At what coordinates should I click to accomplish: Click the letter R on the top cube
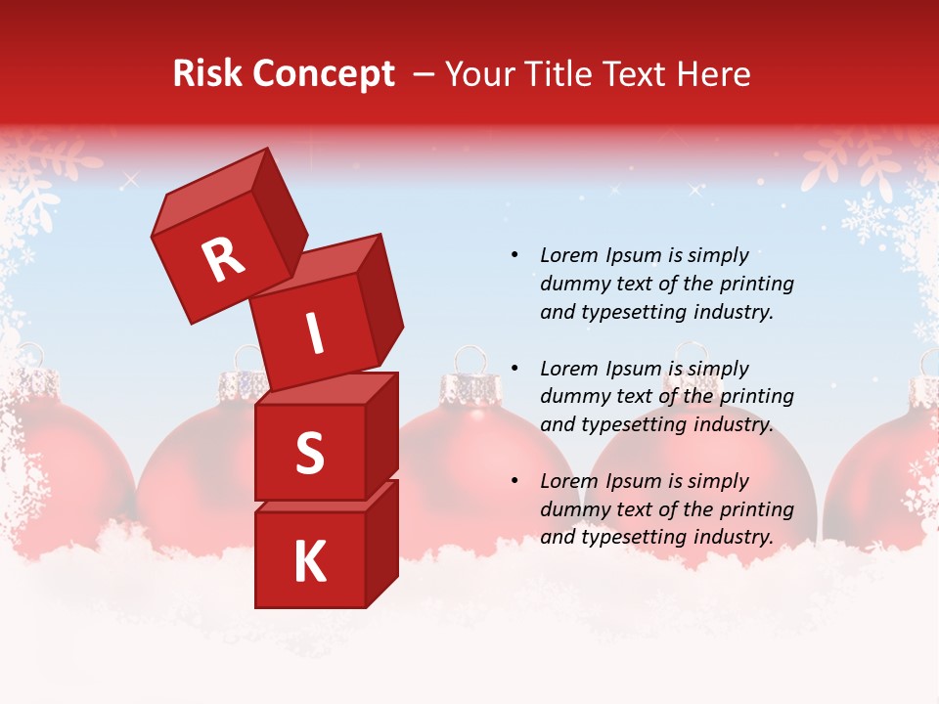[x=223, y=260]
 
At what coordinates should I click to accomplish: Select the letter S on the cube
[x=309, y=455]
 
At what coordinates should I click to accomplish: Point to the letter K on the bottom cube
[x=309, y=562]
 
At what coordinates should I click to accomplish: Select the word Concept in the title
[x=325, y=75]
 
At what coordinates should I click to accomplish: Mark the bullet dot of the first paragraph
[x=514, y=255]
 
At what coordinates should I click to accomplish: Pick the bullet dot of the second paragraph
[x=514, y=369]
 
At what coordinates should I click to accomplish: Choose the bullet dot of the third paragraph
[x=514, y=481]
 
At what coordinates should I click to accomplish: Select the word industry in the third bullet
[x=734, y=537]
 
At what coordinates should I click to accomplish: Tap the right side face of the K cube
[x=381, y=543]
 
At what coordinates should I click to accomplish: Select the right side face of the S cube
[x=381, y=435]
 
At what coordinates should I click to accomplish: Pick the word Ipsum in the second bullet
[x=633, y=369]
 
